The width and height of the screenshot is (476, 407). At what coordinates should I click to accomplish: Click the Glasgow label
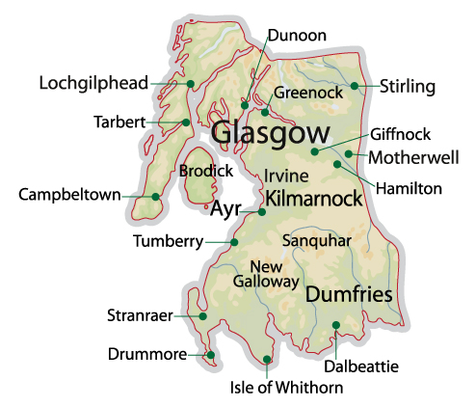pyautogui.click(x=269, y=133)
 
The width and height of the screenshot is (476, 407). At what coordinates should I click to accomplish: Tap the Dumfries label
pyautogui.click(x=349, y=295)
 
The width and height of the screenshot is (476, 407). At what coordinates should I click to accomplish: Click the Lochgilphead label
pyautogui.click(x=93, y=83)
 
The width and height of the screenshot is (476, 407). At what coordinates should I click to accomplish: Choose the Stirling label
pyautogui.click(x=408, y=87)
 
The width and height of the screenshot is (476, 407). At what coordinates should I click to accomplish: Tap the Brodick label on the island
pyautogui.click(x=205, y=171)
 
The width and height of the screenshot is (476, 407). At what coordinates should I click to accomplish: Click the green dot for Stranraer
pyautogui.click(x=203, y=315)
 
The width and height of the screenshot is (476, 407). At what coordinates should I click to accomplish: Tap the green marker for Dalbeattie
pyautogui.click(x=335, y=325)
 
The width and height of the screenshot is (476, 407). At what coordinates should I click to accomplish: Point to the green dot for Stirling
pyautogui.click(x=355, y=87)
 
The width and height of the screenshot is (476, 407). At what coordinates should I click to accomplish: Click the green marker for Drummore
pyautogui.click(x=210, y=355)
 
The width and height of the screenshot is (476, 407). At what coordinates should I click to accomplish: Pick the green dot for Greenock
pyautogui.click(x=265, y=112)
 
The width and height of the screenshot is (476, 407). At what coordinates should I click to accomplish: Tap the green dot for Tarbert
pyautogui.click(x=185, y=122)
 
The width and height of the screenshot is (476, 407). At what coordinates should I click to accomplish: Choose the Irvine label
pyautogui.click(x=286, y=176)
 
